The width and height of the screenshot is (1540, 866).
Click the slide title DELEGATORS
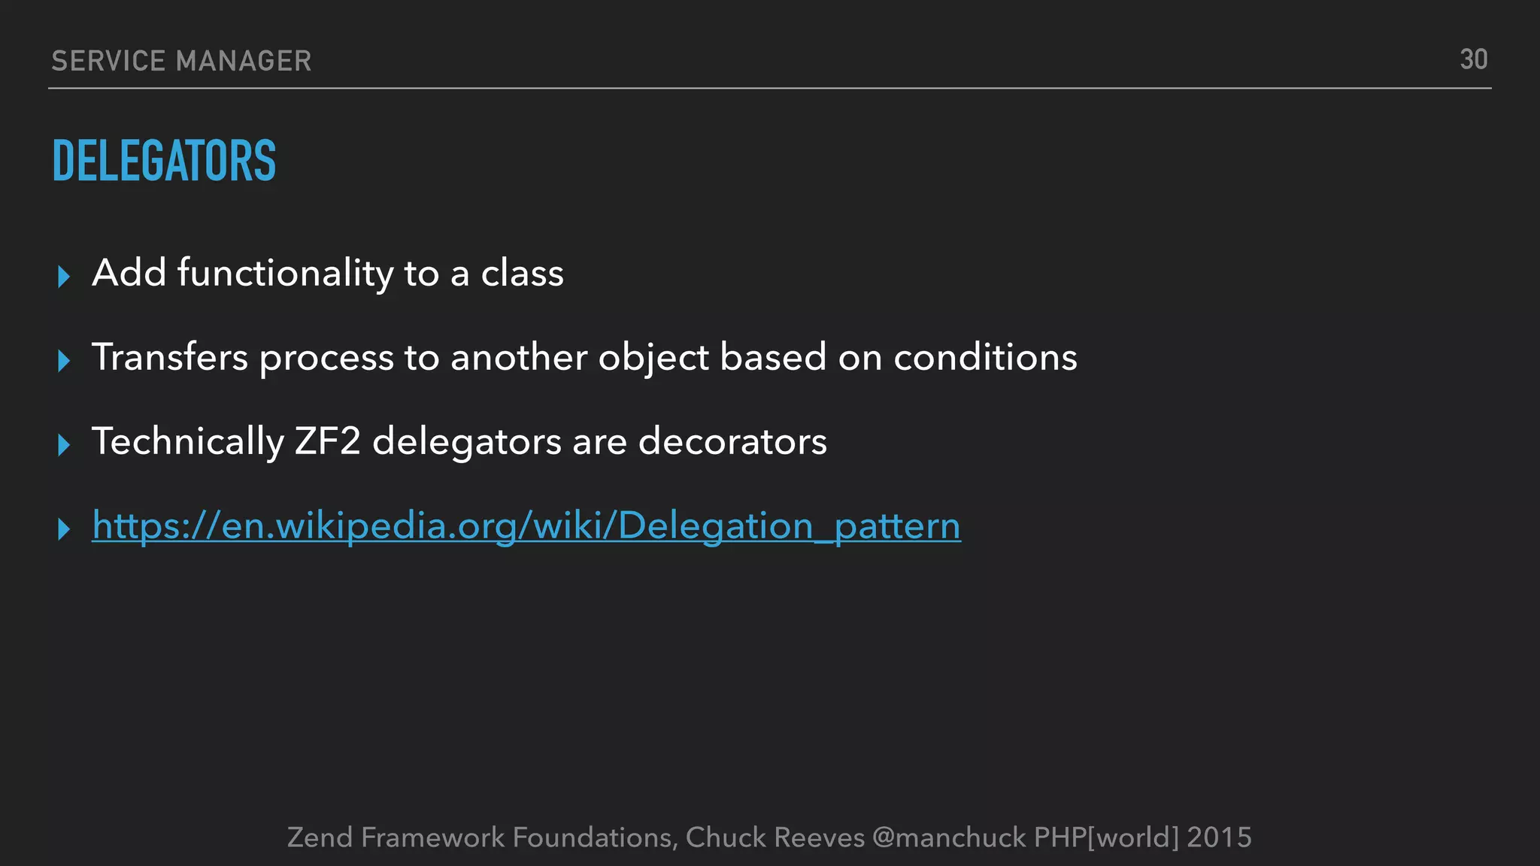pyautogui.click(x=164, y=161)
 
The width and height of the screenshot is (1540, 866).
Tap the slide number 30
pyautogui.click(x=1473, y=60)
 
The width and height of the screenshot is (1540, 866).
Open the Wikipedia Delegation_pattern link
pyautogui.click(x=526, y=525)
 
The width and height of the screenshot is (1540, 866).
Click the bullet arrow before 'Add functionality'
pyautogui.click(x=64, y=277)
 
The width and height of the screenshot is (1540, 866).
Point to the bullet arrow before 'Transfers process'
pyautogui.click(x=64, y=361)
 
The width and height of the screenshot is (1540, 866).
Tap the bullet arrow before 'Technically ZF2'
pyautogui.click(x=64, y=445)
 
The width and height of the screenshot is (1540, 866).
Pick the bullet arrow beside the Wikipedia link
pyautogui.click(x=64, y=529)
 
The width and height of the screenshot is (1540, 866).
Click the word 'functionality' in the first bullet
pyautogui.click(x=285, y=273)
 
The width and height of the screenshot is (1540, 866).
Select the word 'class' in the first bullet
pyautogui.click(x=522, y=273)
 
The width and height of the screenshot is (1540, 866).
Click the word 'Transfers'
pyautogui.click(x=169, y=357)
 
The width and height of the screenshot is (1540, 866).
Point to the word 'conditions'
pyautogui.click(x=985, y=357)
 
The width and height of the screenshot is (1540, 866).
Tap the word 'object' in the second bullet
pyautogui.click(x=653, y=359)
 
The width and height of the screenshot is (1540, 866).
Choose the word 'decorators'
pyautogui.click(x=732, y=441)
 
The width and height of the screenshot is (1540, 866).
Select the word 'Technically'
pyautogui.click(x=188, y=441)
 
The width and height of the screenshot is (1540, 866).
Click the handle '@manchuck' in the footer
pyautogui.click(x=949, y=837)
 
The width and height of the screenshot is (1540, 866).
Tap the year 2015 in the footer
pyautogui.click(x=1219, y=837)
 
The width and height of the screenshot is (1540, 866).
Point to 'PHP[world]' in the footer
pyautogui.click(x=1106, y=837)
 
